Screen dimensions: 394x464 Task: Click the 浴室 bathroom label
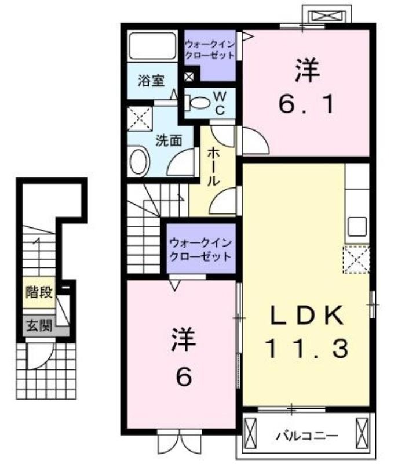[x=151, y=81]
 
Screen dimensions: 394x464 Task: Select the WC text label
[x=220, y=103]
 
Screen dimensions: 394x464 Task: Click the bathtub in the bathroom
[x=152, y=46]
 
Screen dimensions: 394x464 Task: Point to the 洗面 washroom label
[x=169, y=140]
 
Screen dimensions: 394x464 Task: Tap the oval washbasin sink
[x=140, y=161]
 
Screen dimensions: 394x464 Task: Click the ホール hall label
[x=213, y=167]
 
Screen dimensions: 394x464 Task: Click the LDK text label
[x=307, y=315]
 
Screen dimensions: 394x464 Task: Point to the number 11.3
[x=307, y=349]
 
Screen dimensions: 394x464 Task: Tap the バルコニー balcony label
[x=307, y=436]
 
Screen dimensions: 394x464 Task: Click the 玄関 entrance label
[x=39, y=325]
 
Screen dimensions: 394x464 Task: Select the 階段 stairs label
[x=39, y=292]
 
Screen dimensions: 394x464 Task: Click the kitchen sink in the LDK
[x=357, y=227]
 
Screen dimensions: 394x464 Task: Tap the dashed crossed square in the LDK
[x=356, y=259]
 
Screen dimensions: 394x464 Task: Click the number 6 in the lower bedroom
[x=184, y=377]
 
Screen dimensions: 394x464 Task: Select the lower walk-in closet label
[x=200, y=250]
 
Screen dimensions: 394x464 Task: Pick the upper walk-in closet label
[x=210, y=50]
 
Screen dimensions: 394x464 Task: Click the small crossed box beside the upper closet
[x=189, y=77]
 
